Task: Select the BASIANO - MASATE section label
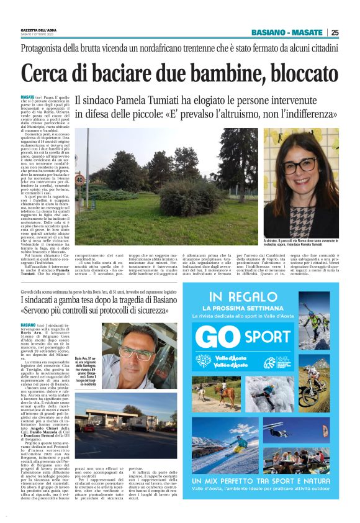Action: click(x=287, y=33)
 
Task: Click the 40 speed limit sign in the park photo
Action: click(x=81, y=180)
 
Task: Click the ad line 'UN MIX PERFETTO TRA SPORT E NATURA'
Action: click(x=269, y=481)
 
